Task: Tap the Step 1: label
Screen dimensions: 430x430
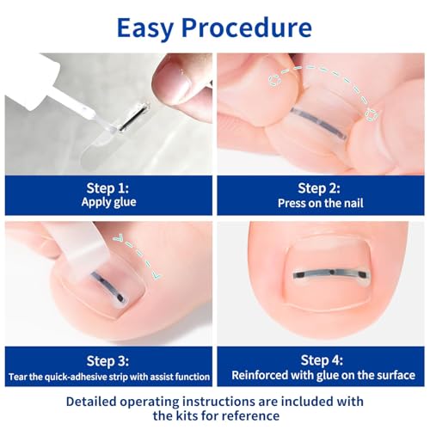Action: click(x=107, y=187)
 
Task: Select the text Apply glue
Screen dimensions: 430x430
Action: click(x=107, y=203)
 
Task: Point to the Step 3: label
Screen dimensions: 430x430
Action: click(x=107, y=359)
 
